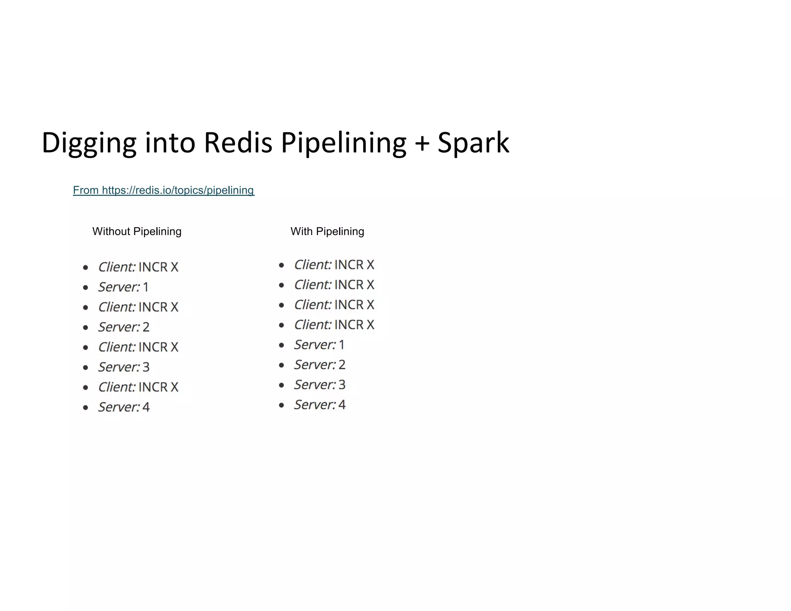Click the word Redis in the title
(238, 143)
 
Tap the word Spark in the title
(473, 143)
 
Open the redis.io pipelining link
(163, 190)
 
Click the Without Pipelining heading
(137, 231)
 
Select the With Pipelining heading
(327, 231)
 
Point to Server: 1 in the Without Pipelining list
(123, 287)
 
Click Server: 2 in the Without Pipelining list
(124, 327)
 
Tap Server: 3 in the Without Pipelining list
(124, 367)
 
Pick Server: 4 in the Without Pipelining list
(124, 407)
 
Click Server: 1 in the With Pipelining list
(319, 345)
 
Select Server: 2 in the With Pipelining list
(319, 365)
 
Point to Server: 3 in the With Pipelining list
(319, 385)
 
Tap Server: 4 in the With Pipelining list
(319, 405)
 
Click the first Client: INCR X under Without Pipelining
(138, 267)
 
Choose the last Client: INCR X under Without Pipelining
(138, 387)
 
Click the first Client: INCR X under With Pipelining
(334, 265)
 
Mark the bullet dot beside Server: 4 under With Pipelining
(282, 405)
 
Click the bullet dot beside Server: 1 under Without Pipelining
(86, 287)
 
